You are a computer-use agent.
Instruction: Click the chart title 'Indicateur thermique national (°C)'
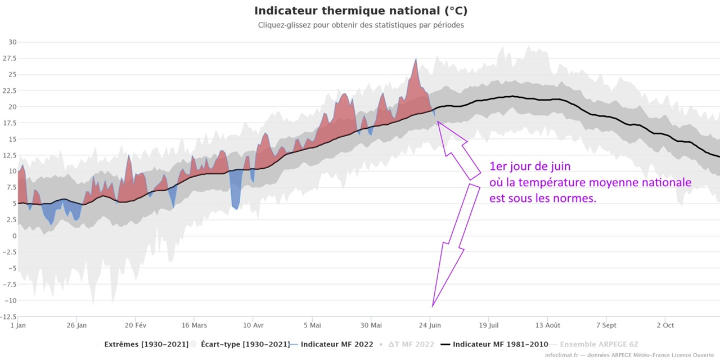pos(361,11)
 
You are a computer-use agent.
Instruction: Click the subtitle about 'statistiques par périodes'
pos(361,25)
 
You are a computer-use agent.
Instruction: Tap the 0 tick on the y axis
pos(15,236)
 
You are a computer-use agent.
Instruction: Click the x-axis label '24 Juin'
pos(430,325)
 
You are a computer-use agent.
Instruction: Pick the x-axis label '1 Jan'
pos(18,325)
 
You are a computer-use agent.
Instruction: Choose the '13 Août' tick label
pos(548,325)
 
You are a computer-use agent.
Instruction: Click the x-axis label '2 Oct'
pos(665,325)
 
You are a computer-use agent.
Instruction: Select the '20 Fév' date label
pos(136,325)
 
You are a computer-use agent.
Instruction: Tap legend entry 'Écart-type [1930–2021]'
pos(245,344)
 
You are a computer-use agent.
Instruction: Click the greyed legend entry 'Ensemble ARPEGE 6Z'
pos(599,344)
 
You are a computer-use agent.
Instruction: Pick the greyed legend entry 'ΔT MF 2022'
pos(411,344)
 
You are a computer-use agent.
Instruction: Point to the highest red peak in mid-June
pos(416,59)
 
